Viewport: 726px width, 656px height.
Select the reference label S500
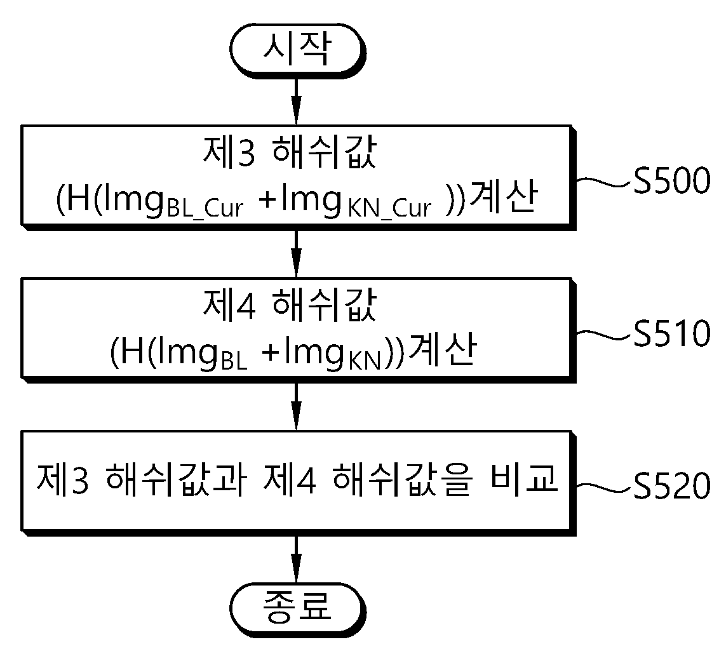[x=671, y=180]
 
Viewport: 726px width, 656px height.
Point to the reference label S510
[x=671, y=333]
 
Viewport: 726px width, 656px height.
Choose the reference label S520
[x=671, y=486]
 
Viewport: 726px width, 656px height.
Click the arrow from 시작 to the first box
[x=297, y=102]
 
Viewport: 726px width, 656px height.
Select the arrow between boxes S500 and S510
[x=297, y=254]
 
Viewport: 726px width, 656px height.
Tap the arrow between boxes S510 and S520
[x=297, y=407]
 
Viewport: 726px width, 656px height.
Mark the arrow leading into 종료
[x=297, y=559]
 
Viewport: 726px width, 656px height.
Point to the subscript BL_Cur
[x=205, y=209]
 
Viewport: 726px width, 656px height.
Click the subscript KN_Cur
[x=389, y=209]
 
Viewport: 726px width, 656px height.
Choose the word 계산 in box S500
[x=503, y=196]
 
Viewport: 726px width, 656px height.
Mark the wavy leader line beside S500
[x=603, y=182]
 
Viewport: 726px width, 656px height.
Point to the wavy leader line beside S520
[x=603, y=487]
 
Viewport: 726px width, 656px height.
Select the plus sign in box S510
[x=271, y=353]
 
